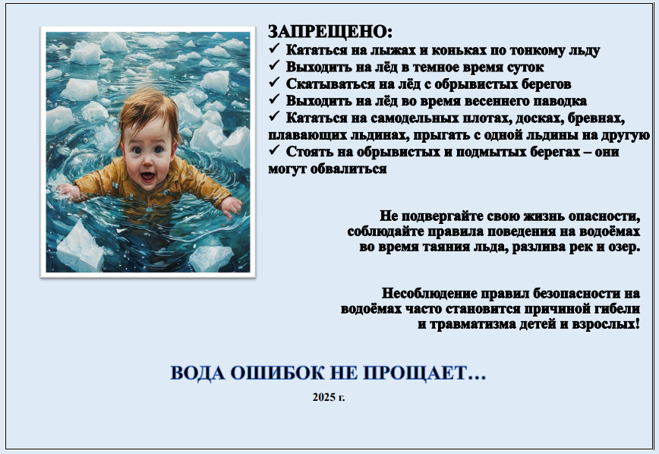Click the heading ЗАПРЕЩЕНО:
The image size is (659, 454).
(330, 32)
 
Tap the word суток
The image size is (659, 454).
(525, 68)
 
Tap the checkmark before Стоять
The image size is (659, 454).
(274, 150)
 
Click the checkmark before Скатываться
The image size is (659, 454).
(274, 82)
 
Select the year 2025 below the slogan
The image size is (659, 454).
(323, 397)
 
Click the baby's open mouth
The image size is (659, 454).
(147, 177)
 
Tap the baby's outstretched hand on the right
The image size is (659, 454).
(231, 207)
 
